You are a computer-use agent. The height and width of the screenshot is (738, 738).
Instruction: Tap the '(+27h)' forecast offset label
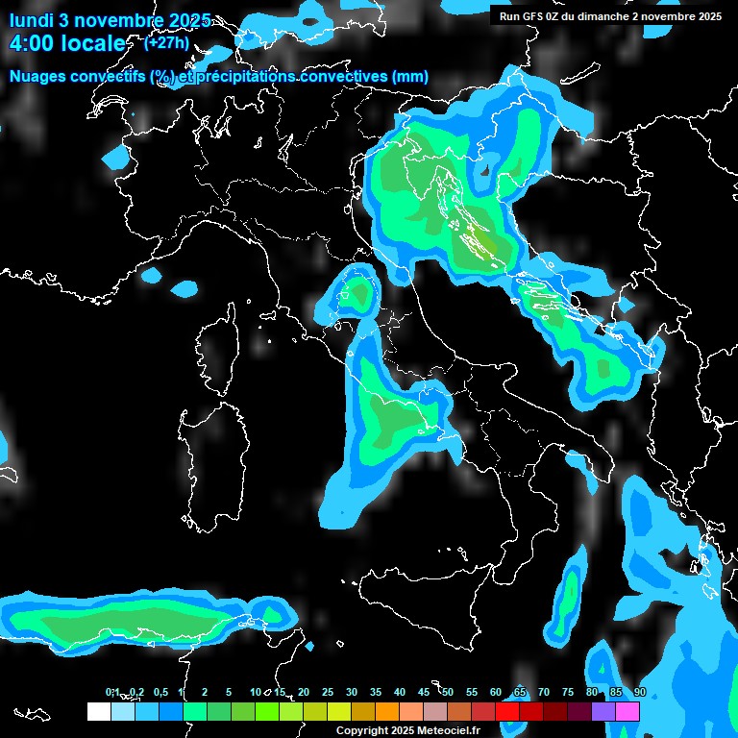[x=166, y=42]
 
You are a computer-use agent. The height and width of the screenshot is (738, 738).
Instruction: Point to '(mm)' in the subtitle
[x=409, y=77]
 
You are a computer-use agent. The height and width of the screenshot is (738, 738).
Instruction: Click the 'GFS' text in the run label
[x=534, y=16]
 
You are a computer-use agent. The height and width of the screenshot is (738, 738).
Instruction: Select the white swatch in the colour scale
[x=98, y=711]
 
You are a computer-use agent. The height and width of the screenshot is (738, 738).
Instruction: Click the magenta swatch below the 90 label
[x=627, y=711]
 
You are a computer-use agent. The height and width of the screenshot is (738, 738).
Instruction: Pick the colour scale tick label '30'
[x=352, y=692]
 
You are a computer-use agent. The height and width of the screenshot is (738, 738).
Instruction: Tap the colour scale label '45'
[x=424, y=692]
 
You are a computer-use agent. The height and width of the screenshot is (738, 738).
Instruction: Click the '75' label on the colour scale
[x=568, y=692]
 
